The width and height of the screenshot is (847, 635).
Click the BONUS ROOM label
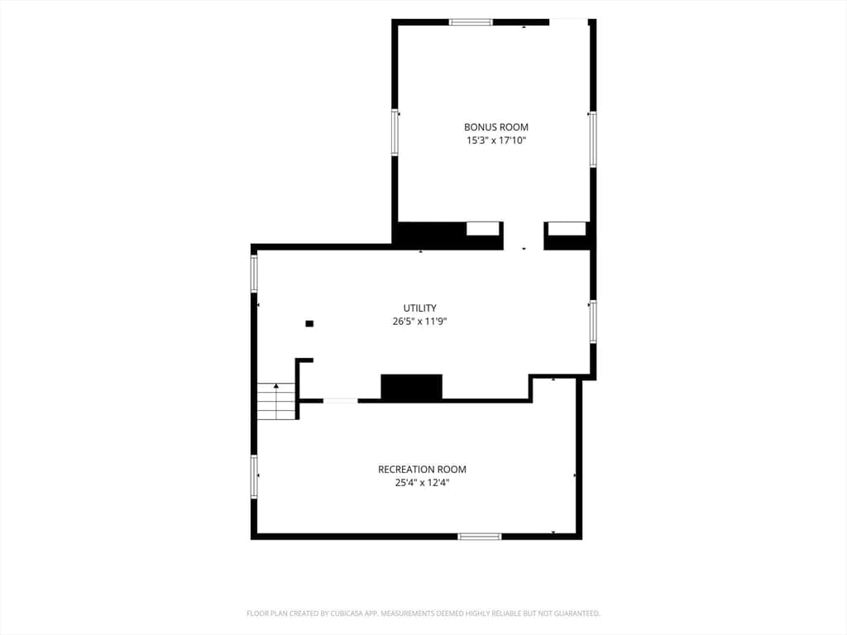pyautogui.click(x=496, y=127)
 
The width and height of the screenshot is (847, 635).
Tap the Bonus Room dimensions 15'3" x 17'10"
pyautogui.click(x=496, y=141)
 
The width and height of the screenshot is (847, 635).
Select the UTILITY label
pyautogui.click(x=419, y=308)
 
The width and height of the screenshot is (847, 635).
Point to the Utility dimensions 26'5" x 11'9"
pyautogui.click(x=419, y=322)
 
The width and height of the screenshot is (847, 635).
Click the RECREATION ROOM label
pyautogui.click(x=422, y=470)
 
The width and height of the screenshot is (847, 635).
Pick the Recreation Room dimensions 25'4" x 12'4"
pyautogui.click(x=422, y=483)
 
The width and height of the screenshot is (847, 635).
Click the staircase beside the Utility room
pyautogui.click(x=276, y=401)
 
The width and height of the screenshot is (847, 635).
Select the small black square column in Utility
pyautogui.click(x=309, y=323)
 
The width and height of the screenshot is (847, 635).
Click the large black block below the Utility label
pyautogui.click(x=412, y=387)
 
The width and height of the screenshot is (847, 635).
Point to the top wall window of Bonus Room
pyautogui.click(x=471, y=22)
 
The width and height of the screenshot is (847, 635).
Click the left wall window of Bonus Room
pyautogui.click(x=395, y=132)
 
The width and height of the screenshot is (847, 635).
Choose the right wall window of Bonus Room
pyautogui.click(x=592, y=139)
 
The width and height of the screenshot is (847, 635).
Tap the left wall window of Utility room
pyautogui.click(x=254, y=274)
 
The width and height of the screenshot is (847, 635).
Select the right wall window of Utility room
pyautogui.click(x=592, y=322)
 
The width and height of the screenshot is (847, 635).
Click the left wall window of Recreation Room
pyautogui.click(x=254, y=476)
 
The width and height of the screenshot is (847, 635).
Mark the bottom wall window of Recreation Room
pyautogui.click(x=480, y=536)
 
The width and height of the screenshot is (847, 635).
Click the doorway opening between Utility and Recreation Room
pyautogui.click(x=340, y=401)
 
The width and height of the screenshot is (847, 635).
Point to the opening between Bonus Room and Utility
pyautogui.click(x=524, y=236)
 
